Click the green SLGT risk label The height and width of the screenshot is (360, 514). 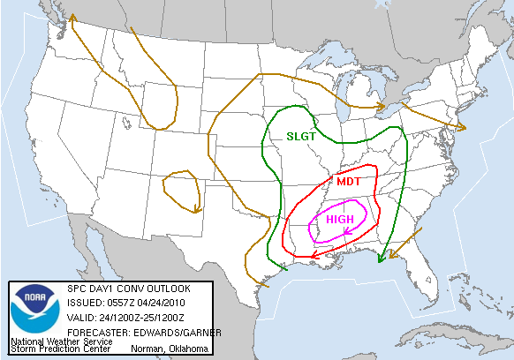(301, 137)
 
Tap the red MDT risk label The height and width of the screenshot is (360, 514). (347, 180)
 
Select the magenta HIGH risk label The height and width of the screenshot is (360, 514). (339, 219)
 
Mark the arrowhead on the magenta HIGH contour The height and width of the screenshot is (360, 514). (346, 232)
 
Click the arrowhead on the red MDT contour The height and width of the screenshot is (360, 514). (314, 255)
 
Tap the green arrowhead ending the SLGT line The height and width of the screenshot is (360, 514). (381, 259)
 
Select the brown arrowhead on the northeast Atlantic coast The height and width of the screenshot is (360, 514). (461, 127)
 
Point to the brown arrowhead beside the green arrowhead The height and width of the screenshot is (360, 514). (392, 255)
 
